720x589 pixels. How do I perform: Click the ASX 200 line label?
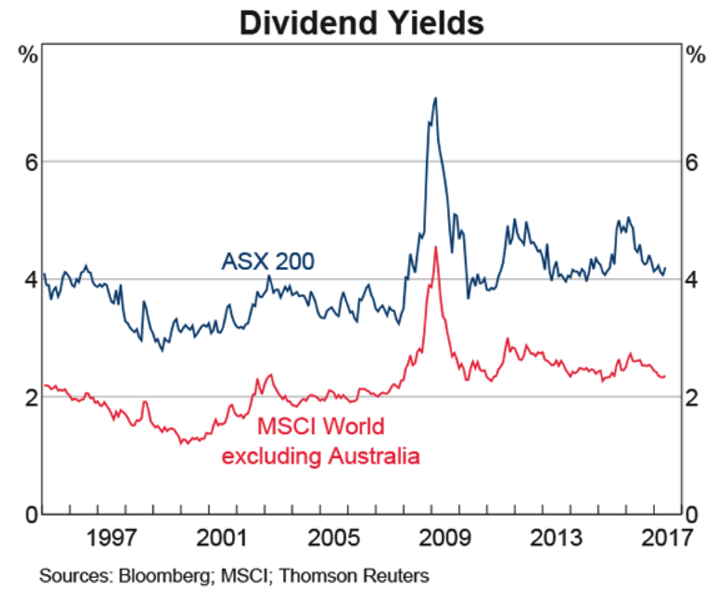point(268,262)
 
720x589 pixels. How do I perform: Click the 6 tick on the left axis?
point(29,162)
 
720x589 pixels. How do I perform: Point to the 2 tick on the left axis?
point(29,397)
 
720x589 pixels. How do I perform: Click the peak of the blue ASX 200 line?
point(435,98)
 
